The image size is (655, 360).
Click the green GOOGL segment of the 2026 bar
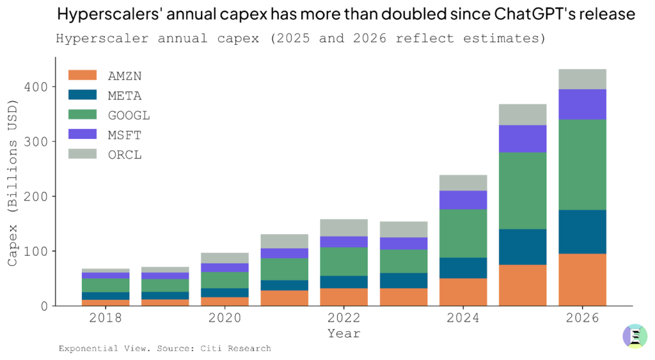coord(582,164)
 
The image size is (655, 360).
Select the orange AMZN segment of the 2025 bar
coord(523,285)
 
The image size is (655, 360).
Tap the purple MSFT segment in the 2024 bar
coord(463,200)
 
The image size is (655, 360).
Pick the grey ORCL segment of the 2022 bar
coord(343,228)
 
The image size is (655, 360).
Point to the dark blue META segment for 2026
coord(582,231)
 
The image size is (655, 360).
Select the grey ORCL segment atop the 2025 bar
coord(523,114)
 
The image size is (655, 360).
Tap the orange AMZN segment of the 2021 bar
coord(284,298)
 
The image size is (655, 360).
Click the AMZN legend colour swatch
coord(82,75)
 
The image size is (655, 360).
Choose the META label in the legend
coord(125,95)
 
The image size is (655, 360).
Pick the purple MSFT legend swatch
coord(82,134)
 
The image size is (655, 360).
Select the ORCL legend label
coord(125,154)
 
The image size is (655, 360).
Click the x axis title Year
coord(343,333)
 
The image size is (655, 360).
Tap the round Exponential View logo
coord(635,336)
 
